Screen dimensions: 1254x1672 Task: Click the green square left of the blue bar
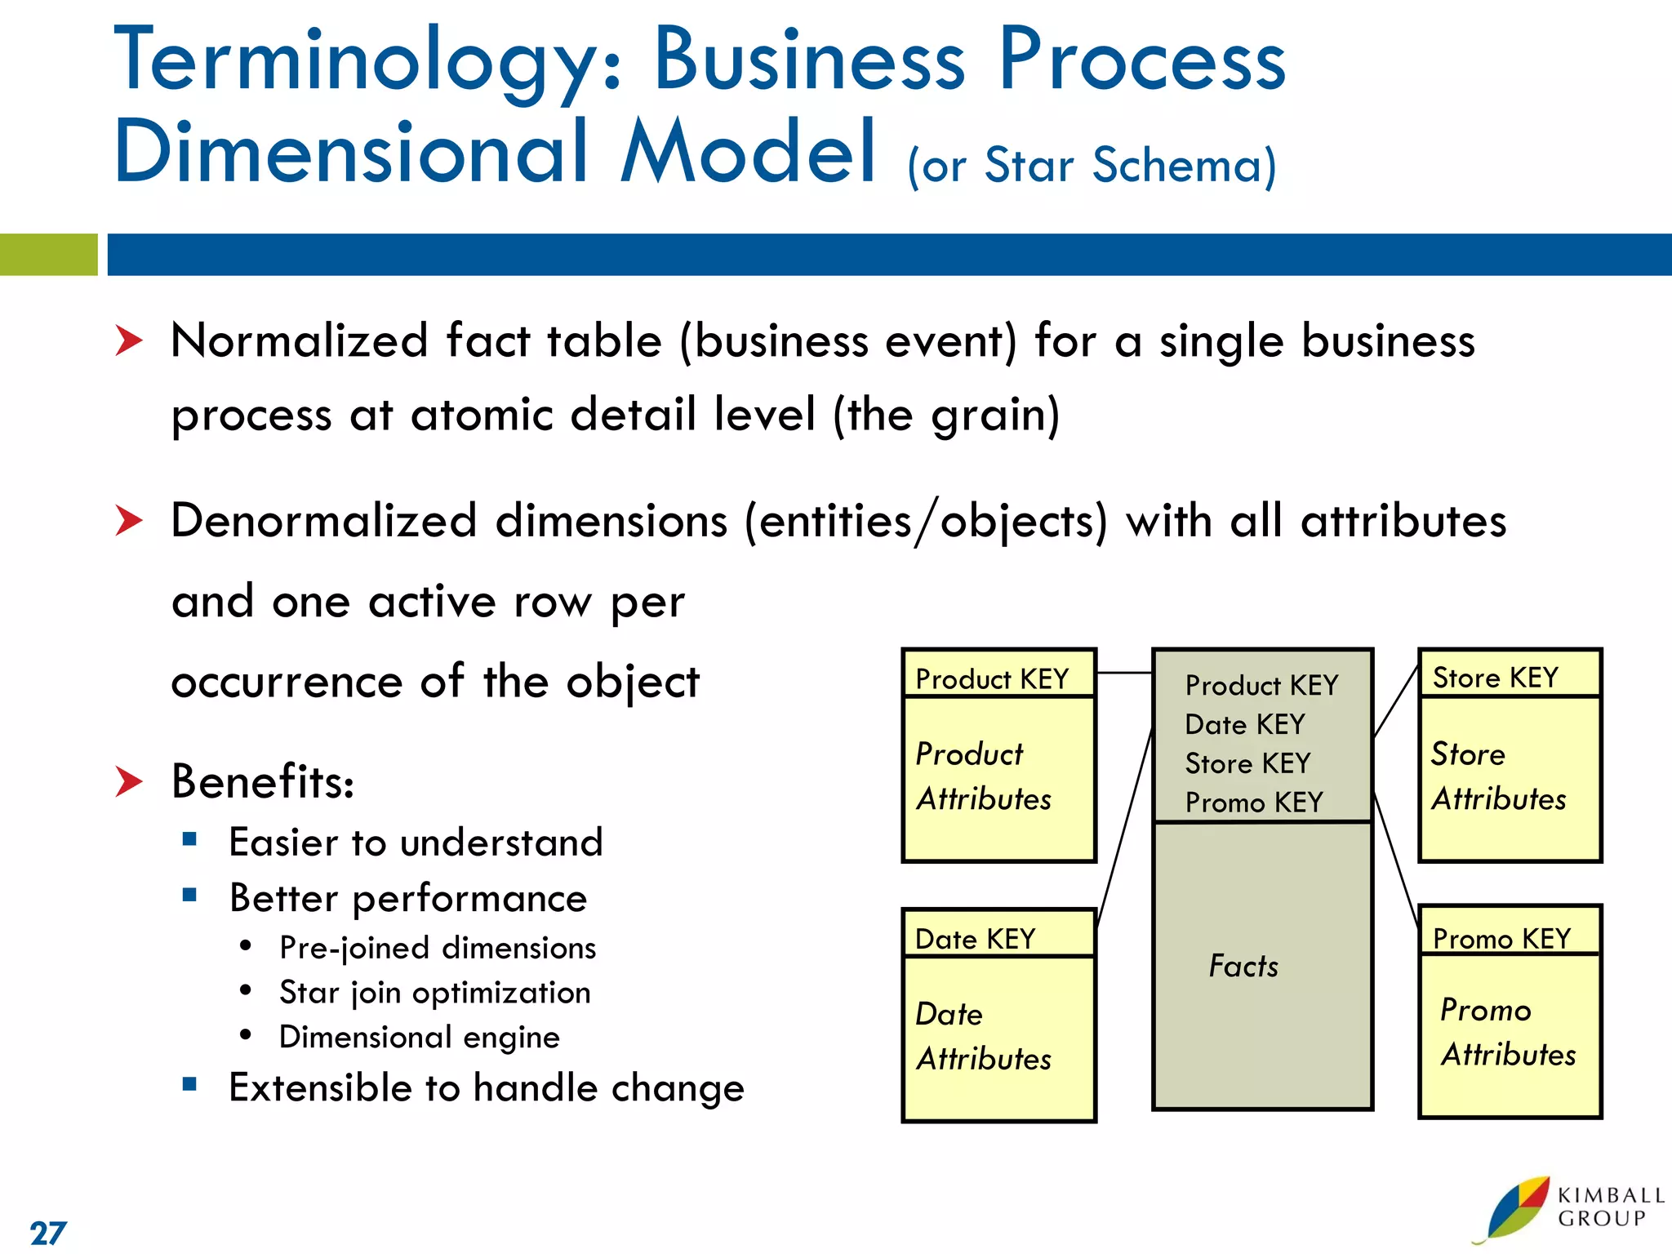click(x=48, y=255)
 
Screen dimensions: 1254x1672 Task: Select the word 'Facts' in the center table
click(x=1243, y=967)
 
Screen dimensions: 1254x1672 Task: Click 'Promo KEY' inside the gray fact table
click(x=1253, y=803)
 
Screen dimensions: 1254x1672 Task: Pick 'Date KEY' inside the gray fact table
click(x=1244, y=724)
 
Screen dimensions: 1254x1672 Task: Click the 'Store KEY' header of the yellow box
click(x=1495, y=678)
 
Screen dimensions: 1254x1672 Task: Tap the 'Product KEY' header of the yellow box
click(x=991, y=679)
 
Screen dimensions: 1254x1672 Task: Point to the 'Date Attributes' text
click(x=983, y=1037)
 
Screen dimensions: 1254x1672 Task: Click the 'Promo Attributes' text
click(x=1507, y=1033)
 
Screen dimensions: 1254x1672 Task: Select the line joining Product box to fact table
click(x=1123, y=673)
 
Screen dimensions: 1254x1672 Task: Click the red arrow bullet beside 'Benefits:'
click(x=129, y=781)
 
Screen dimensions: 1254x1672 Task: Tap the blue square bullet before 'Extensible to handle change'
click(x=189, y=1084)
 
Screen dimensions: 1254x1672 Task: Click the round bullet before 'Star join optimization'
click(x=246, y=990)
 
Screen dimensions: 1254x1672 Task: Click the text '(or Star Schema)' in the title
click(x=1092, y=166)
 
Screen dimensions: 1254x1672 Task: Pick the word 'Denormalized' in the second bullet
click(x=323, y=521)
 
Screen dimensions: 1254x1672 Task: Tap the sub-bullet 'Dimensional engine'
click(x=419, y=1037)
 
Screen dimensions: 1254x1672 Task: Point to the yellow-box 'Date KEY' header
click(x=975, y=939)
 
